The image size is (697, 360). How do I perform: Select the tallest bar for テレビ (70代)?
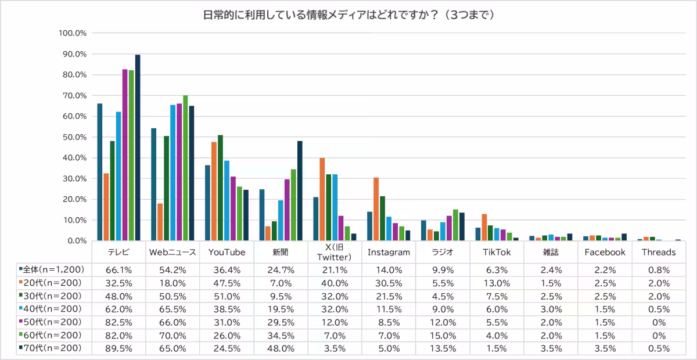click(x=138, y=147)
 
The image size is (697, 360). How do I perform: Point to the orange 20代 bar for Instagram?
click(x=376, y=209)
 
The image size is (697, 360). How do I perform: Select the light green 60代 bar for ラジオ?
click(x=455, y=225)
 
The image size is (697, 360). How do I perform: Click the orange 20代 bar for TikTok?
click(x=484, y=227)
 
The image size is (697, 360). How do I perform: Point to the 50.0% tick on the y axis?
click(x=73, y=137)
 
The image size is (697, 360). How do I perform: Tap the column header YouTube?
click(x=227, y=253)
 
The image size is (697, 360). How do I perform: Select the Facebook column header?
click(x=605, y=253)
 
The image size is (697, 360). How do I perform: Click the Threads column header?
click(x=659, y=253)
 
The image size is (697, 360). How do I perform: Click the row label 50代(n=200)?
click(x=52, y=322)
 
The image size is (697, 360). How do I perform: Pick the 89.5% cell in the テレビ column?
click(x=118, y=348)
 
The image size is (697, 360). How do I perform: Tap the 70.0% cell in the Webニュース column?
click(x=173, y=336)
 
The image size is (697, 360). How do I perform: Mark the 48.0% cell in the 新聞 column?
click(x=281, y=348)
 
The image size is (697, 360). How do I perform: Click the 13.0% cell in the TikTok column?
click(x=497, y=283)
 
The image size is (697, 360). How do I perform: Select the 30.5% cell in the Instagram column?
click(x=389, y=283)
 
